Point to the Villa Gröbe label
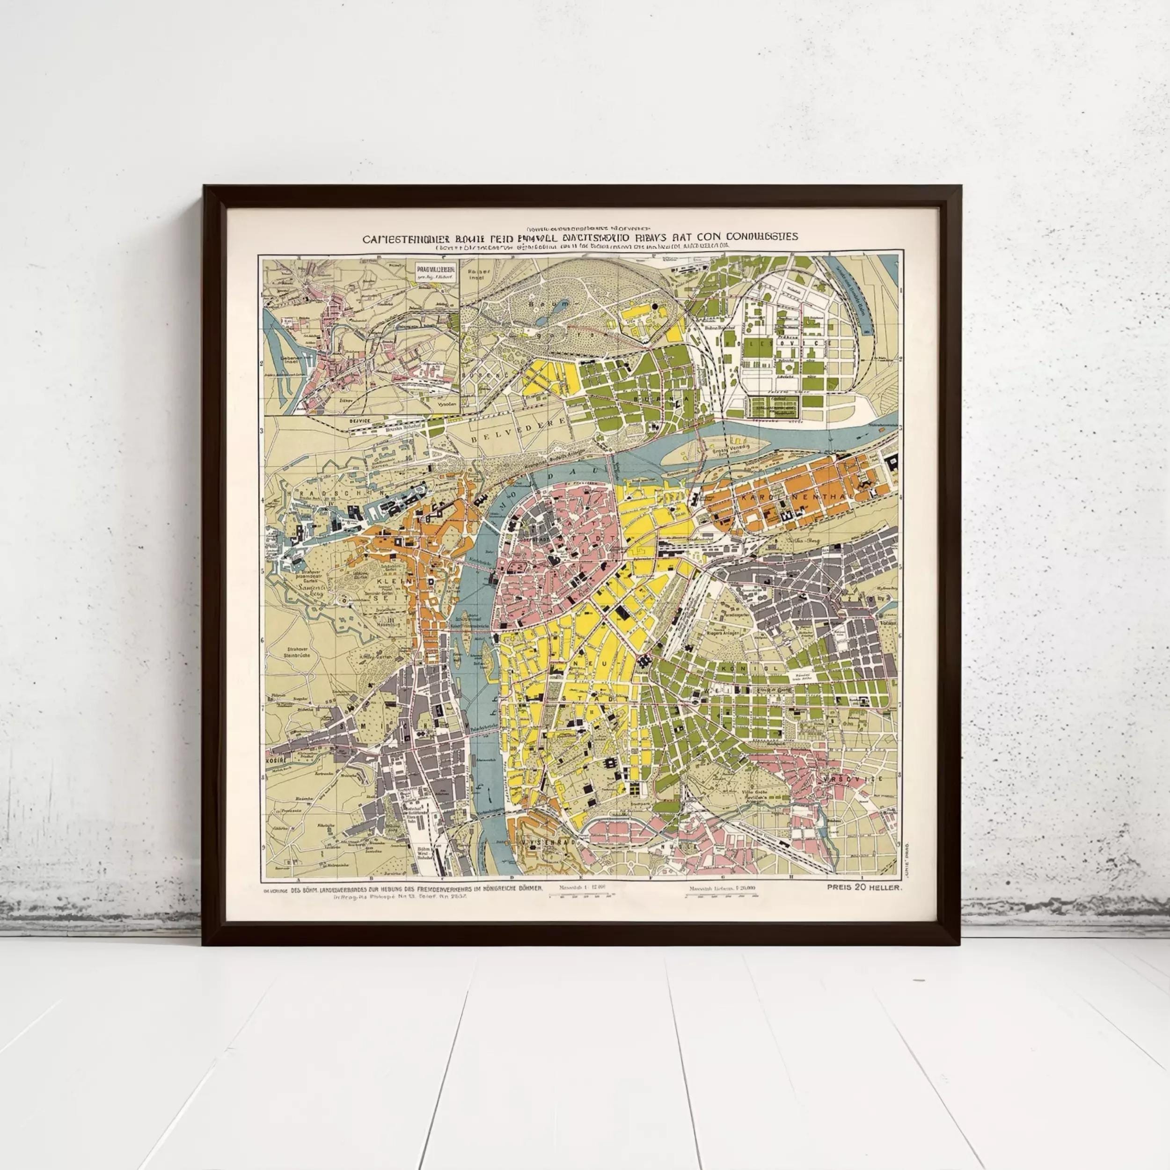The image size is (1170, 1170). [754, 793]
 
